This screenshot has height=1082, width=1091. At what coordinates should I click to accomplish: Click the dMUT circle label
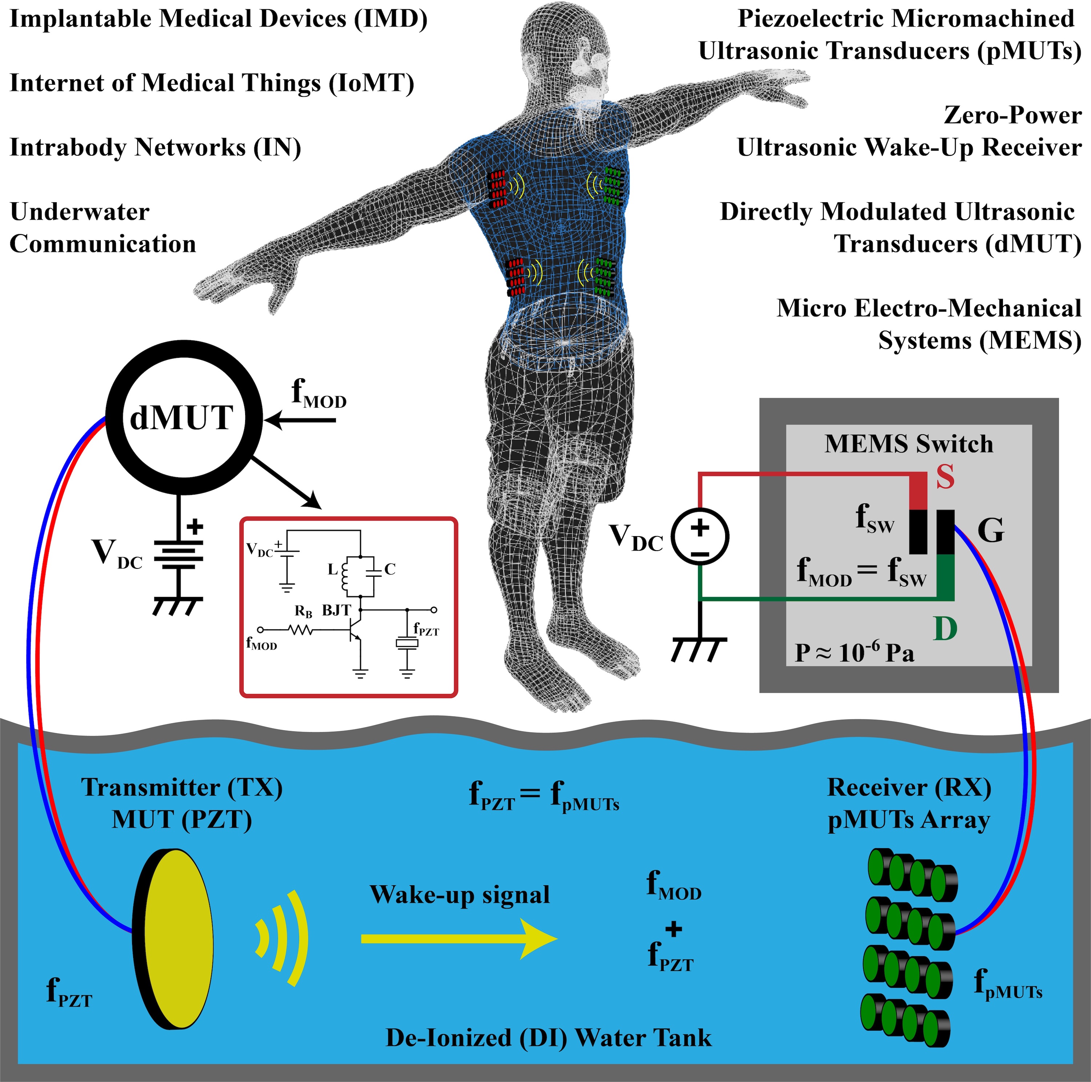tap(182, 418)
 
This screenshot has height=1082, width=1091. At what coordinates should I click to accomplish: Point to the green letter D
tap(945, 628)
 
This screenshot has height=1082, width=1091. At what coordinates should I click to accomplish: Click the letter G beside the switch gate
tap(991, 531)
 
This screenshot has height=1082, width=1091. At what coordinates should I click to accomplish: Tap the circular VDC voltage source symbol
tap(700, 536)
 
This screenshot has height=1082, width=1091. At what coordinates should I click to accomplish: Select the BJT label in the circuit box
tap(336, 610)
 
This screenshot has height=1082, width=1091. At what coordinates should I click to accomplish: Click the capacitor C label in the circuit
tap(389, 569)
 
